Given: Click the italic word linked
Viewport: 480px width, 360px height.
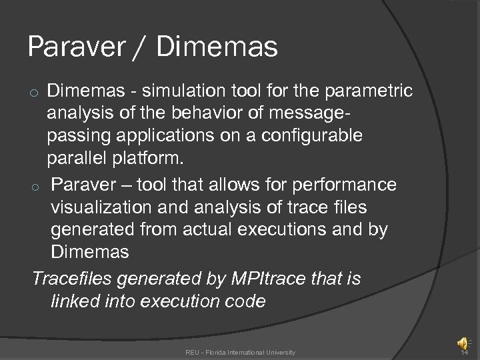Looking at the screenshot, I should [x=76, y=301].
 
